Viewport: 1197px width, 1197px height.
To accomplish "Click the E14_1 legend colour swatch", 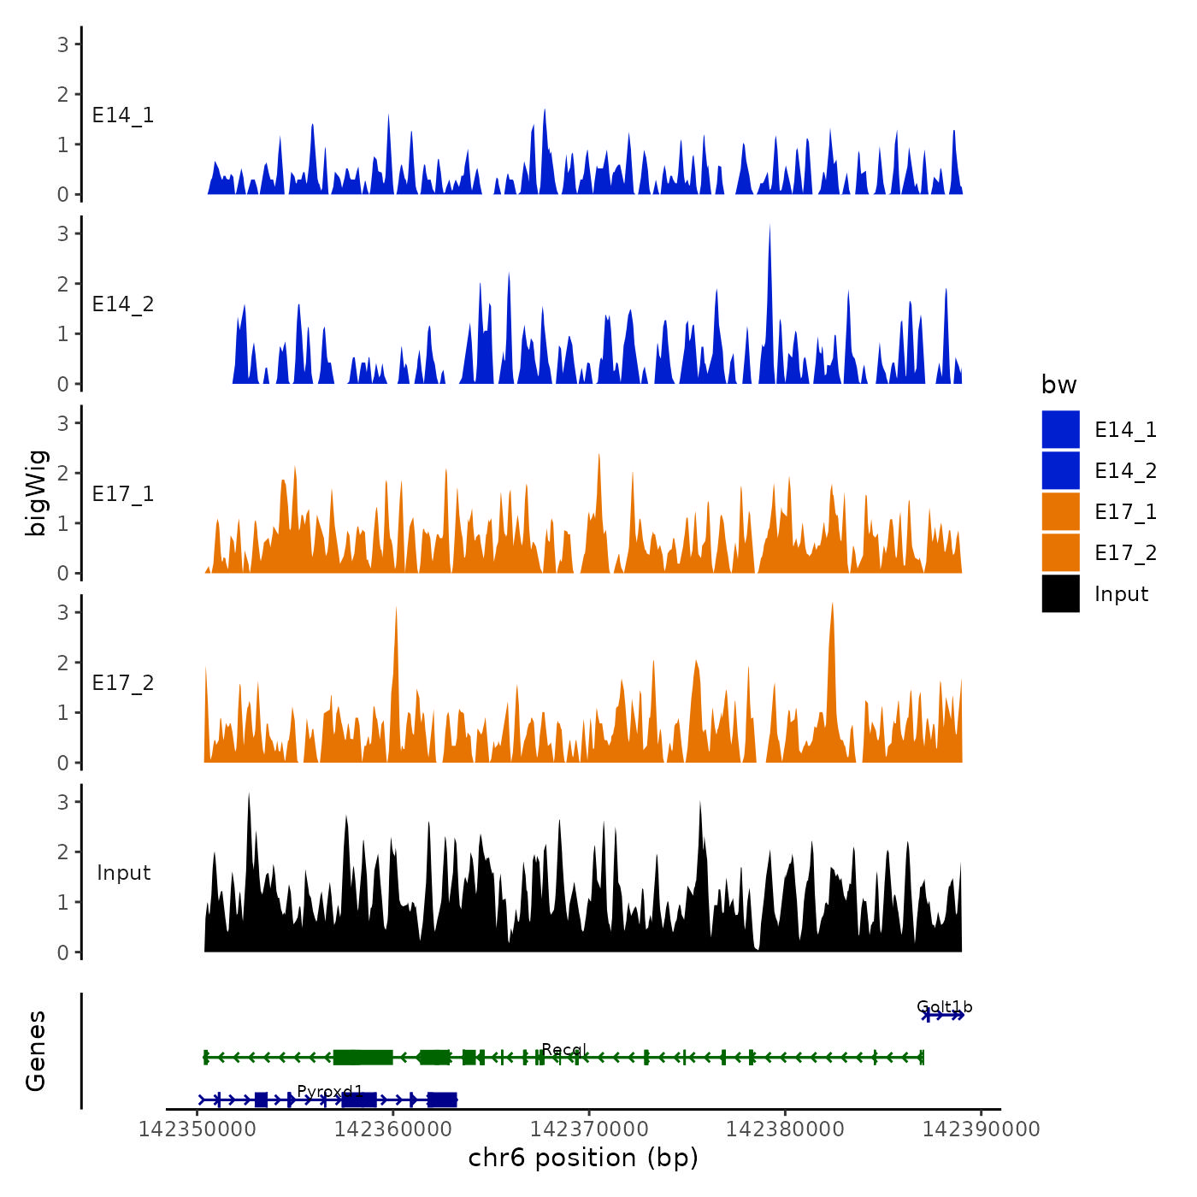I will pos(1060,429).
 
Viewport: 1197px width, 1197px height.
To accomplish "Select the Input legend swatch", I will pos(1060,593).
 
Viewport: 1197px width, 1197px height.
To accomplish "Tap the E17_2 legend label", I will pos(1125,553).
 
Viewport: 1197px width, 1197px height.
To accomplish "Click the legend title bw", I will pos(1058,385).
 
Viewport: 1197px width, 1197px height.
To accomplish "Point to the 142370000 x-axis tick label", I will pos(589,1129).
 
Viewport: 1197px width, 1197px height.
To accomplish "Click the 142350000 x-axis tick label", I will pos(198,1129).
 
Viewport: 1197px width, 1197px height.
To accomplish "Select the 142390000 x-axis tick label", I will pos(982,1129).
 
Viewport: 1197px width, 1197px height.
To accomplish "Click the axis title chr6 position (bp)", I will pos(583,1158).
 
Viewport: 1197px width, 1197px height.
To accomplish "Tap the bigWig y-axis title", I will pos(37,493).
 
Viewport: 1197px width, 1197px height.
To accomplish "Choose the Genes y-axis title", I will pos(37,1051).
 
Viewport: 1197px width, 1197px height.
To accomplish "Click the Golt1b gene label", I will pos(944,1006).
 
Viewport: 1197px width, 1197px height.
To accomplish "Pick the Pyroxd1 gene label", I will pos(330,1091).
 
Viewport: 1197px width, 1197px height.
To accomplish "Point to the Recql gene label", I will pos(563,1049).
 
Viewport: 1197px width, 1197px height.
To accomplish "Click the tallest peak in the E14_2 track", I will pos(769,227).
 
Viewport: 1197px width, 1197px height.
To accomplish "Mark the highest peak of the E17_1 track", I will pos(598,456).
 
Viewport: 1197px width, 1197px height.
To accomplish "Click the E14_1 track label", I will pos(123,115).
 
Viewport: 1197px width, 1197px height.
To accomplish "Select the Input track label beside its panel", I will pos(123,872).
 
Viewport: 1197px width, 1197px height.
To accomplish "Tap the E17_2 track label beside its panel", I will pos(123,682).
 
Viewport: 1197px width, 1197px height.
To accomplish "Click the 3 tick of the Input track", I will pos(63,802).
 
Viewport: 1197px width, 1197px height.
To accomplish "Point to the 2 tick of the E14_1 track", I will pos(63,94).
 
